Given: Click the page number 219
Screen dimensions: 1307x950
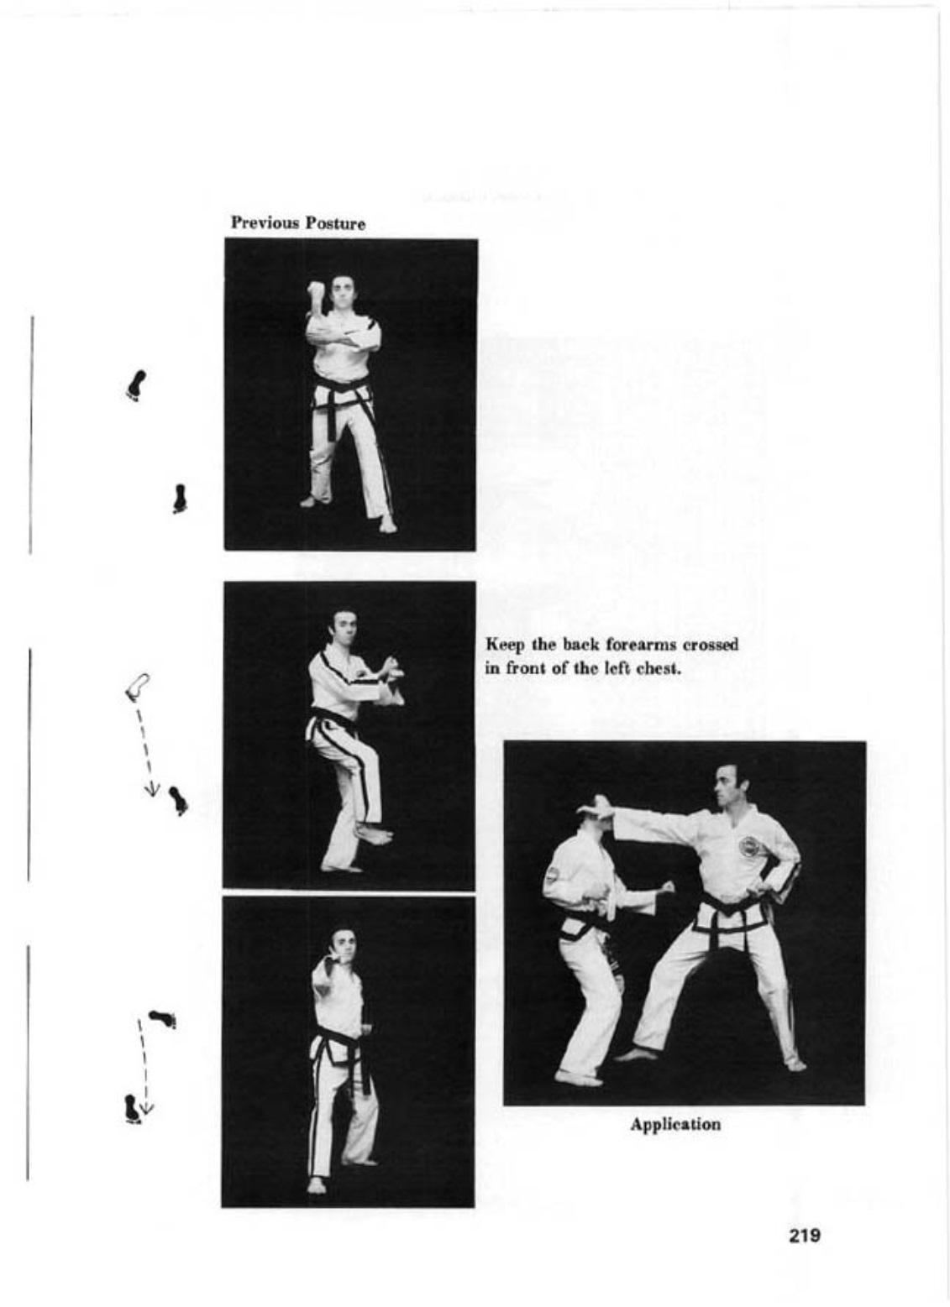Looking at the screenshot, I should point(804,1236).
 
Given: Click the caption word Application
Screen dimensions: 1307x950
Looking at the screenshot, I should point(675,1124).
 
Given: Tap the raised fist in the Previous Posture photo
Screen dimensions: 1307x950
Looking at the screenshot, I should point(315,292).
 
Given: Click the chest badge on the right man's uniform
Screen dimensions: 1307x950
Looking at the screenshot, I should point(748,846).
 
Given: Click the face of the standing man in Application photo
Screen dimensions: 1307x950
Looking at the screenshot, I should point(724,785).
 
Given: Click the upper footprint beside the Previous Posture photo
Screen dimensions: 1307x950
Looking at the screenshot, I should point(136,384).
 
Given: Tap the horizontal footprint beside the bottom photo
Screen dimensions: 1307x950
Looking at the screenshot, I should point(163,1019).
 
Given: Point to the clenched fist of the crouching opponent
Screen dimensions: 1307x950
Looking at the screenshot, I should point(668,887).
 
